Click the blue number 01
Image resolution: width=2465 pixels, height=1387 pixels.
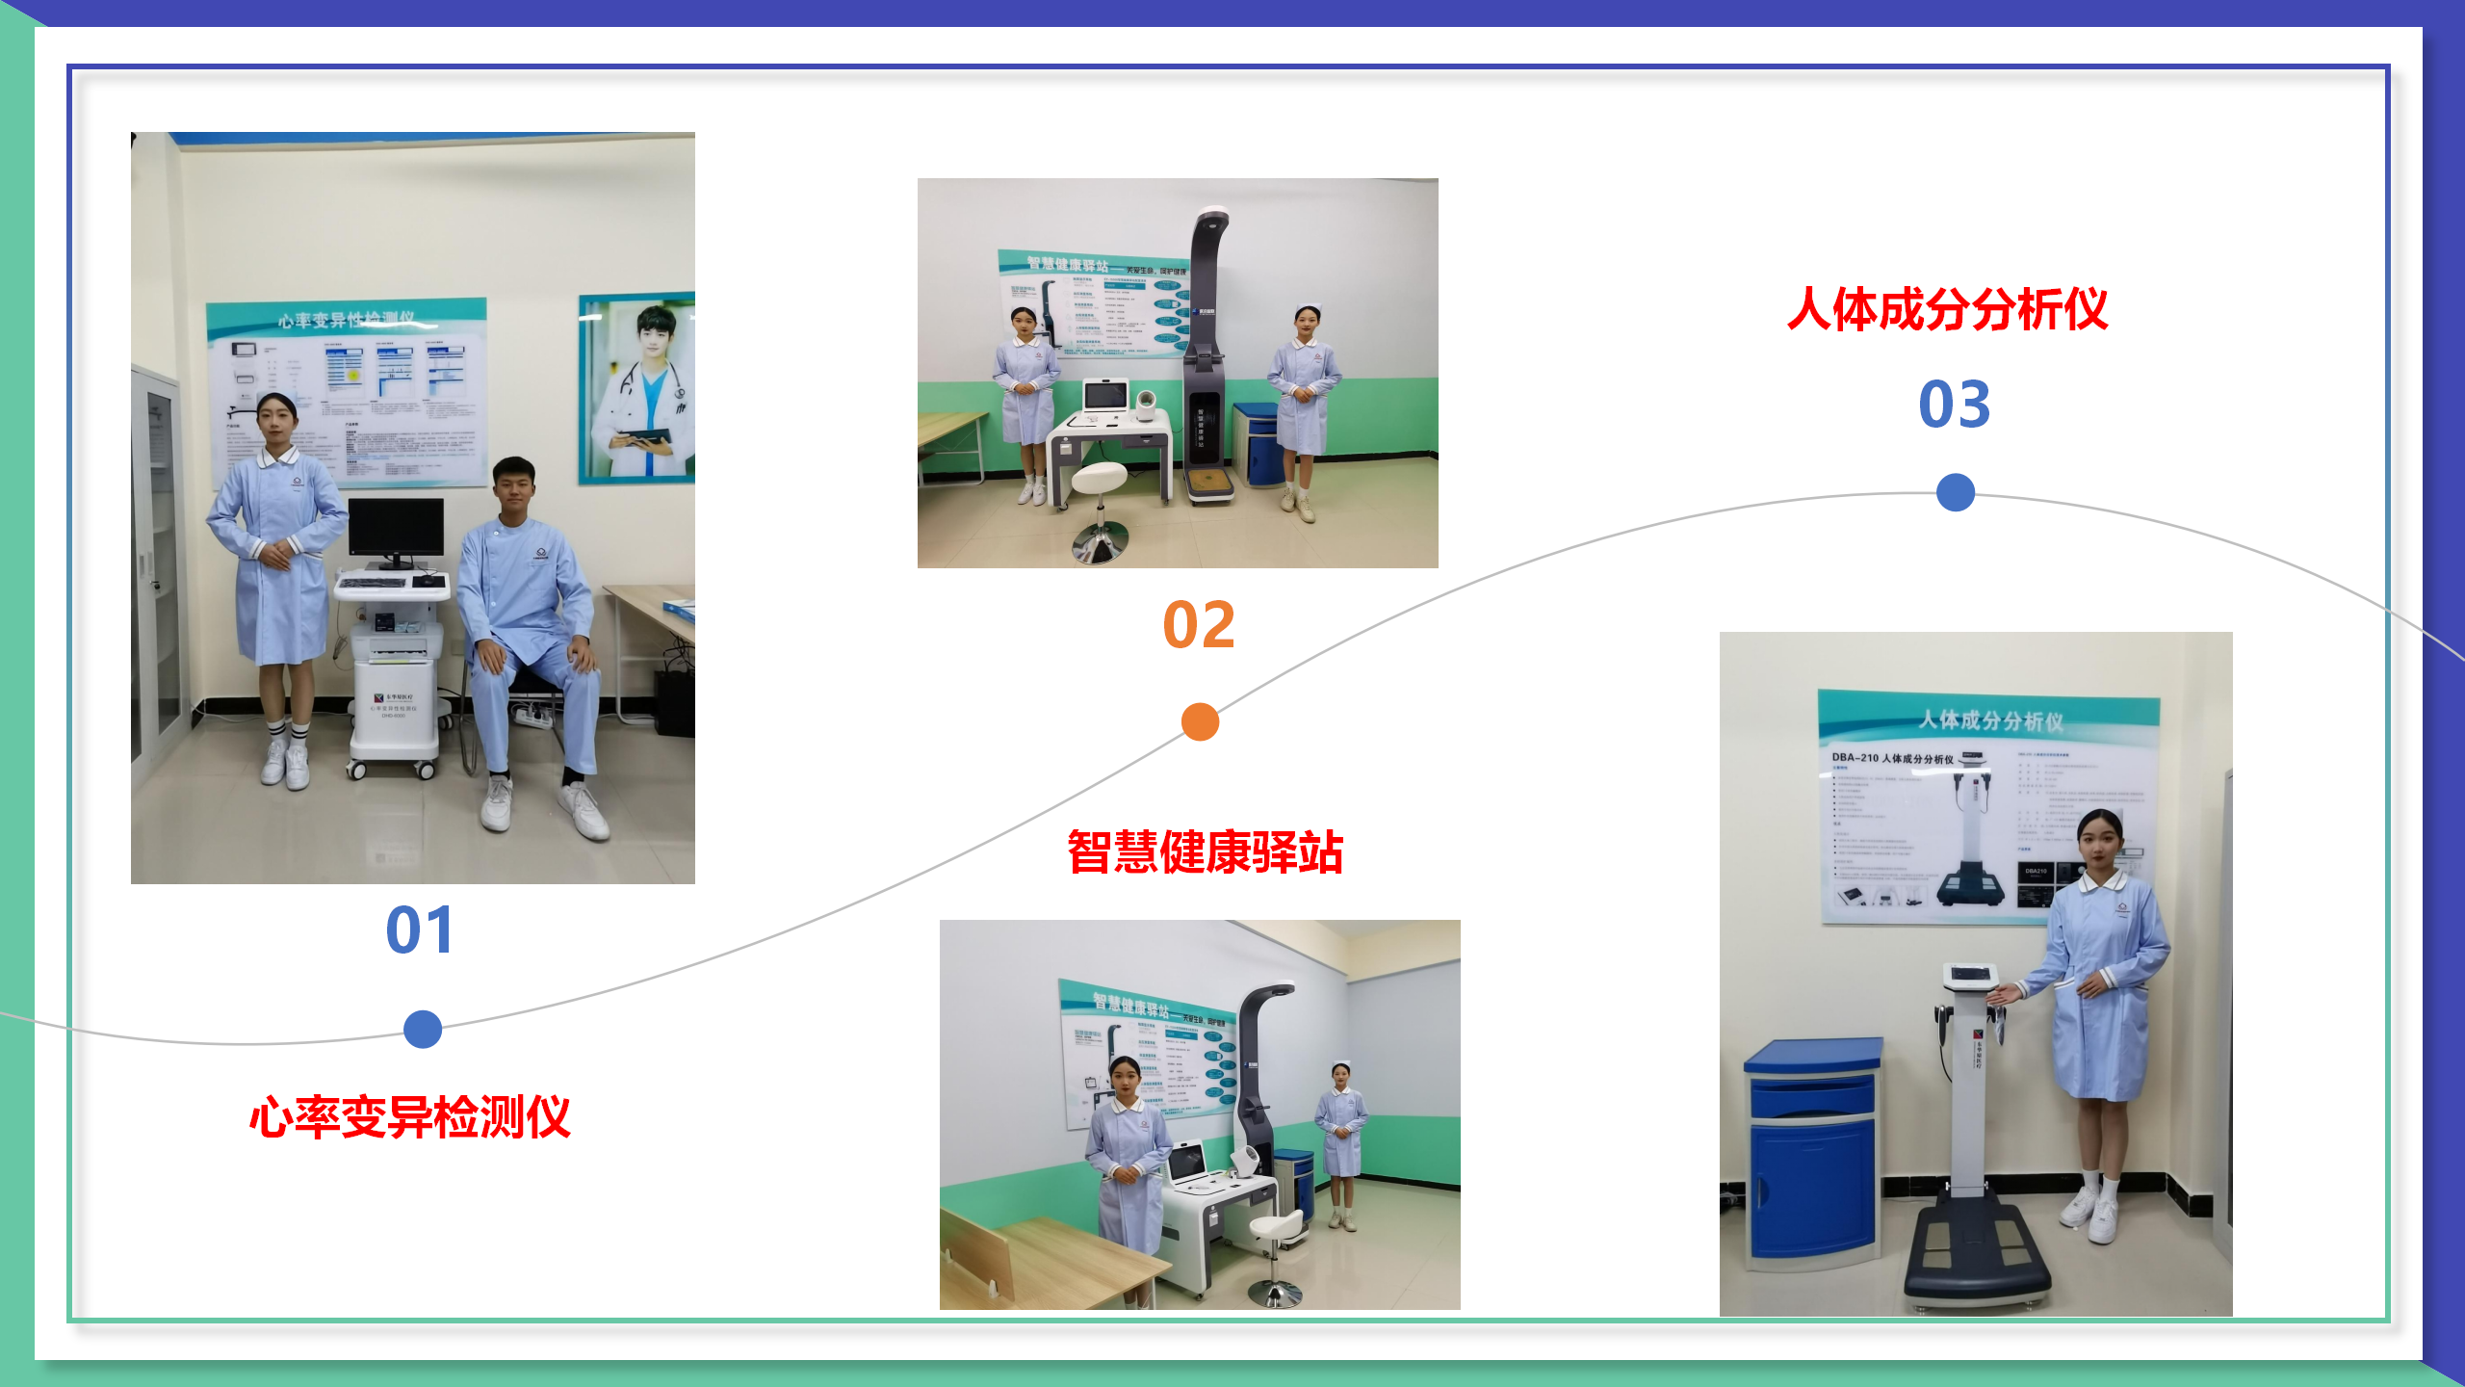[420, 930]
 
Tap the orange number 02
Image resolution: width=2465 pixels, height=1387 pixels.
[1199, 625]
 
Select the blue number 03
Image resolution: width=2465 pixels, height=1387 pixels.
[1954, 405]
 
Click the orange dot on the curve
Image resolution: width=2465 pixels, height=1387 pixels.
[1200, 721]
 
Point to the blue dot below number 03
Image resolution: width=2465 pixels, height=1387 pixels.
[1955, 492]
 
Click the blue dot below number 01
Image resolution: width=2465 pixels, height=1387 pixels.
[423, 1029]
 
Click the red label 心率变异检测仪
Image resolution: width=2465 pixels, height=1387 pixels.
[410, 1117]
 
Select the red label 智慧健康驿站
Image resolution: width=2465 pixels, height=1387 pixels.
[1205, 852]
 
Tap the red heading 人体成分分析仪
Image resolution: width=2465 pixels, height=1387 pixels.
[1947, 310]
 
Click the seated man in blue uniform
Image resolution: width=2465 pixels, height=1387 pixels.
[530, 636]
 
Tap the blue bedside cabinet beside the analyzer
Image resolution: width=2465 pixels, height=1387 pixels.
[1812, 1151]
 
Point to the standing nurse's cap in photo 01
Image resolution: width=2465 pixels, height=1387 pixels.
[276, 400]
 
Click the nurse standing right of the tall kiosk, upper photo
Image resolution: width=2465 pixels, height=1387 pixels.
[1304, 405]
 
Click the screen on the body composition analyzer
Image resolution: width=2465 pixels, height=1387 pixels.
[1969, 974]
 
